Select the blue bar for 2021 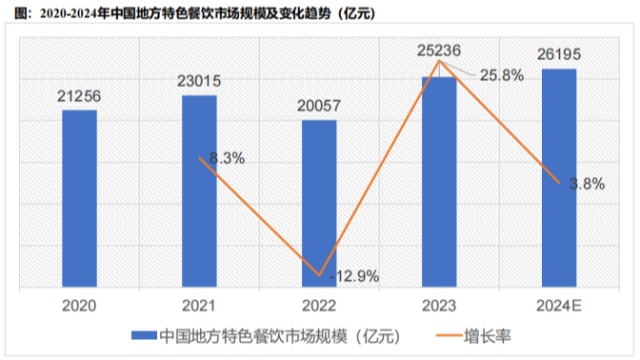click(199, 190)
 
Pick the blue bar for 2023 click(439, 180)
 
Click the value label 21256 click(80, 95)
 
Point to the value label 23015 click(200, 80)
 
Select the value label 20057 click(319, 106)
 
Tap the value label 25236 click(438, 51)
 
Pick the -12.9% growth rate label click(353, 276)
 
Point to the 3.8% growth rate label click(587, 183)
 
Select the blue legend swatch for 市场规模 click(143, 335)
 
